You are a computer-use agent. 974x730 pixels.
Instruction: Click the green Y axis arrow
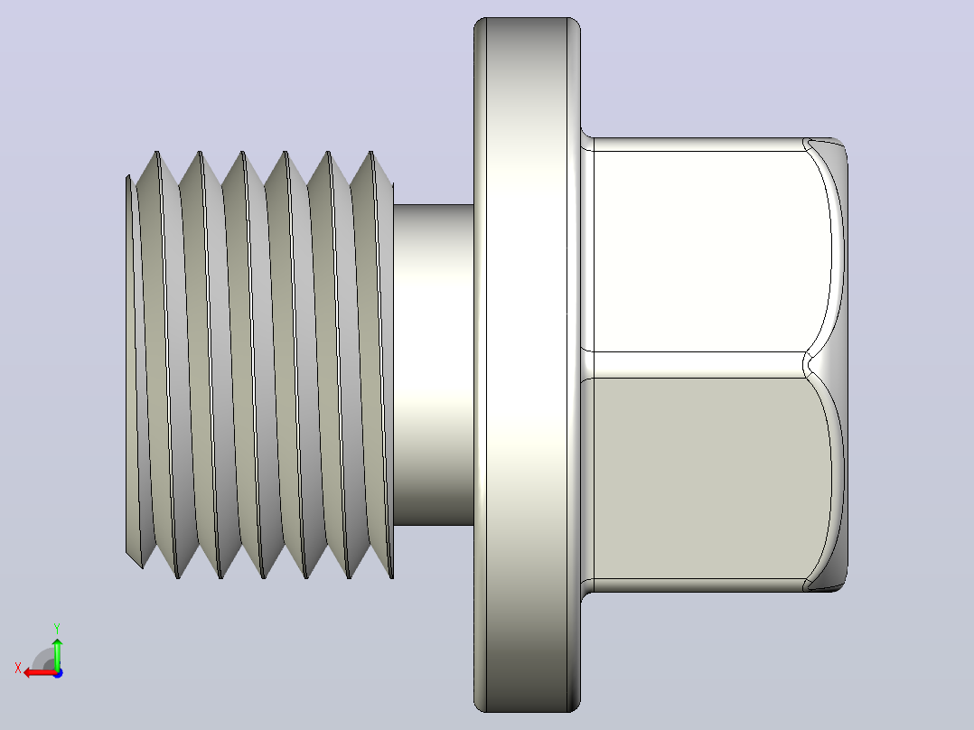click(x=57, y=652)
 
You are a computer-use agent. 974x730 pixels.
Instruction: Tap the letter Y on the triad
click(x=57, y=628)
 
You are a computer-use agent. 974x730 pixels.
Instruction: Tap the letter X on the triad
click(x=18, y=668)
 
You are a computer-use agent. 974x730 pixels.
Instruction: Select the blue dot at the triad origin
click(x=58, y=673)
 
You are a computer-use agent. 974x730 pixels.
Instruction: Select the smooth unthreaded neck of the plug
click(x=434, y=365)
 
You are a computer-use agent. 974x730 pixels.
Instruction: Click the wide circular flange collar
click(x=527, y=365)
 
